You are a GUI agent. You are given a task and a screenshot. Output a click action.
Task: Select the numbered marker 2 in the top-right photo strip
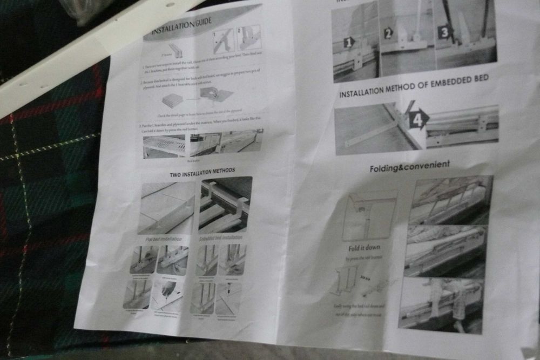388,33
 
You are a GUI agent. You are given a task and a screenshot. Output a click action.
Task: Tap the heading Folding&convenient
409,167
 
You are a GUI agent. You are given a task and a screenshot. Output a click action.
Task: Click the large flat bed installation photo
167,208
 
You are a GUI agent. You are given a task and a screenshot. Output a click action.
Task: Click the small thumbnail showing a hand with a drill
168,295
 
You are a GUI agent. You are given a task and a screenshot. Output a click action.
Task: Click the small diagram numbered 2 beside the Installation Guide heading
248,38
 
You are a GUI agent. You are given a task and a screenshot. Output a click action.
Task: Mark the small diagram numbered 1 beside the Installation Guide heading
223,40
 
